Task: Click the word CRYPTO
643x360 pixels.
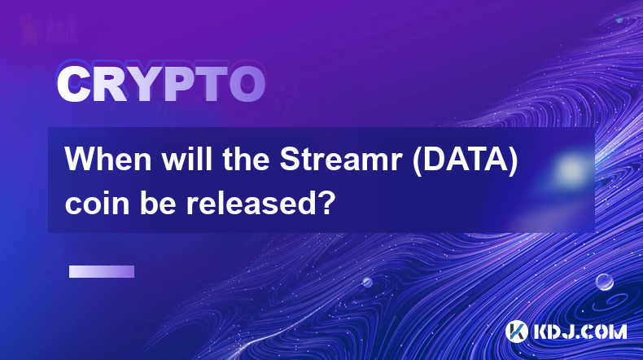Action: (x=161, y=84)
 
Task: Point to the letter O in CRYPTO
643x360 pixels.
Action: (x=247, y=85)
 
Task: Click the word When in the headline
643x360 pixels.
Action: (x=108, y=160)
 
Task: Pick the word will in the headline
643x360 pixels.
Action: (x=188, y=159)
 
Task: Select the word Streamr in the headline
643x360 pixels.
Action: (x=340, y=160)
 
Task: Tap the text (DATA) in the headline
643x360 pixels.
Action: (x=465, y=160)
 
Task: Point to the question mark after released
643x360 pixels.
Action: (x=326, y=202)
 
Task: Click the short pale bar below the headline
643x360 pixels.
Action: (x=102, y=272)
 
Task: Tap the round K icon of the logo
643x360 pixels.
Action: (x=516, y=331)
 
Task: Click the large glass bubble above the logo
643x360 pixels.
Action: (x=605, y=282)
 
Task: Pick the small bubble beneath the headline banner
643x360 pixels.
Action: (x=367, y=282)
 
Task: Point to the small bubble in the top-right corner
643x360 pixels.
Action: (x=619, y=19)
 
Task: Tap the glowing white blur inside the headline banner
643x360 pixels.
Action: (x=570, y=169)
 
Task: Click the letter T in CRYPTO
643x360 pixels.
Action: (x=212, y=85)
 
